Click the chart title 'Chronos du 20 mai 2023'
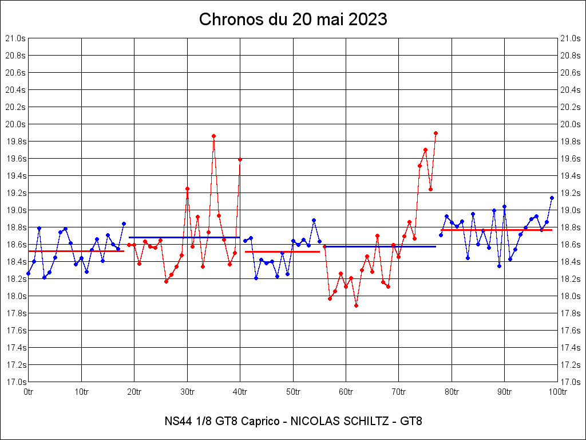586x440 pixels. click(x=293, y=19)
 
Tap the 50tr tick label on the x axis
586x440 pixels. click(x=293, y=392)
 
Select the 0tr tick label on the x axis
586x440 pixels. click(x=29, y=392)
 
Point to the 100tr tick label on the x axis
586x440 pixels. click(x=557, y=392)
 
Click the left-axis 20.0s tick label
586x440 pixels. click(x=16, y=124)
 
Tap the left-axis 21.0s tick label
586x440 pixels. click(x=16, y=38)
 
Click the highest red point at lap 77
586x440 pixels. click(x=435, y=133)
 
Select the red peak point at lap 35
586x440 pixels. click(x=213, y=136)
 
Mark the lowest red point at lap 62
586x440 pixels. click(x=356, y=305)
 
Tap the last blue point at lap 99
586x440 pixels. click(x=552, y=198)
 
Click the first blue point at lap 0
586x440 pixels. click(x=29, y=273)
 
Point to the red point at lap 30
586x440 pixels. click(x=187, y=188)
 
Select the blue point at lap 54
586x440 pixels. click(x=314, y=220)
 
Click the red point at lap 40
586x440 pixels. click(x=240, y=159)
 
